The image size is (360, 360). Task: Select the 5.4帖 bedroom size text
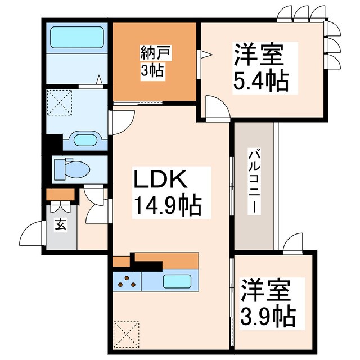click(260, 82)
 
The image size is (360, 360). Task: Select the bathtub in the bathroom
click(78, 37)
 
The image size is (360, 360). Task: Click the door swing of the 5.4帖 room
click(217, 107)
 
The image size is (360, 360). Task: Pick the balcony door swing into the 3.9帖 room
click(292, 242)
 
